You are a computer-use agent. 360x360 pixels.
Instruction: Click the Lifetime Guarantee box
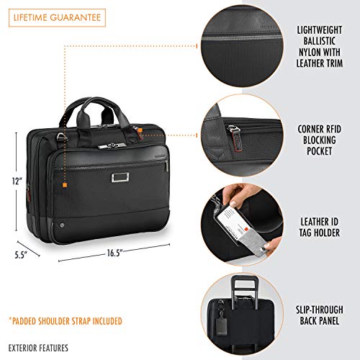coord(57,18)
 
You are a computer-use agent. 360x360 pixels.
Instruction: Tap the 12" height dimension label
coord(17,181)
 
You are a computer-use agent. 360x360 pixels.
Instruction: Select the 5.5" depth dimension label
coord(21,255)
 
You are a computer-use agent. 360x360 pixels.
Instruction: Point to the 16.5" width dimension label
coord(115,253)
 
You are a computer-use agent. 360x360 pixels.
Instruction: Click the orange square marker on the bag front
coord(65,185)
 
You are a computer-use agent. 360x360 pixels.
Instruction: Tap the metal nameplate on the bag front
coord(120,177)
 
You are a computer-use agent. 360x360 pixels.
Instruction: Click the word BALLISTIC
coord(319,41)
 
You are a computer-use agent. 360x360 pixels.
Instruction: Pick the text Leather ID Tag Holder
coord(320,227)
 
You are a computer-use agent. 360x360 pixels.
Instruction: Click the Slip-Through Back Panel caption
coord(320,315)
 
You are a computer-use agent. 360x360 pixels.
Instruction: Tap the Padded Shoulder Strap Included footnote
coord(66,321)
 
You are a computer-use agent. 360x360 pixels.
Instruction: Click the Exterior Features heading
coord(38,348)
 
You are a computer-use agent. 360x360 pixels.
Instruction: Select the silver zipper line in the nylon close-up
coord(241,37)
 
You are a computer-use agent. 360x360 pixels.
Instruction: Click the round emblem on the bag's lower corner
coord(62,225)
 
